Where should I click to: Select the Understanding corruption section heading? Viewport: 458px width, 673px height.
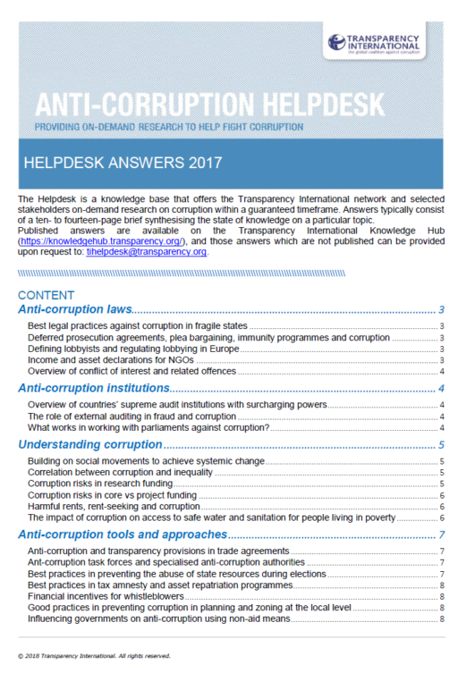[89, 444]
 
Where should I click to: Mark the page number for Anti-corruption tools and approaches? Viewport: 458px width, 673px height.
[442, 535]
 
